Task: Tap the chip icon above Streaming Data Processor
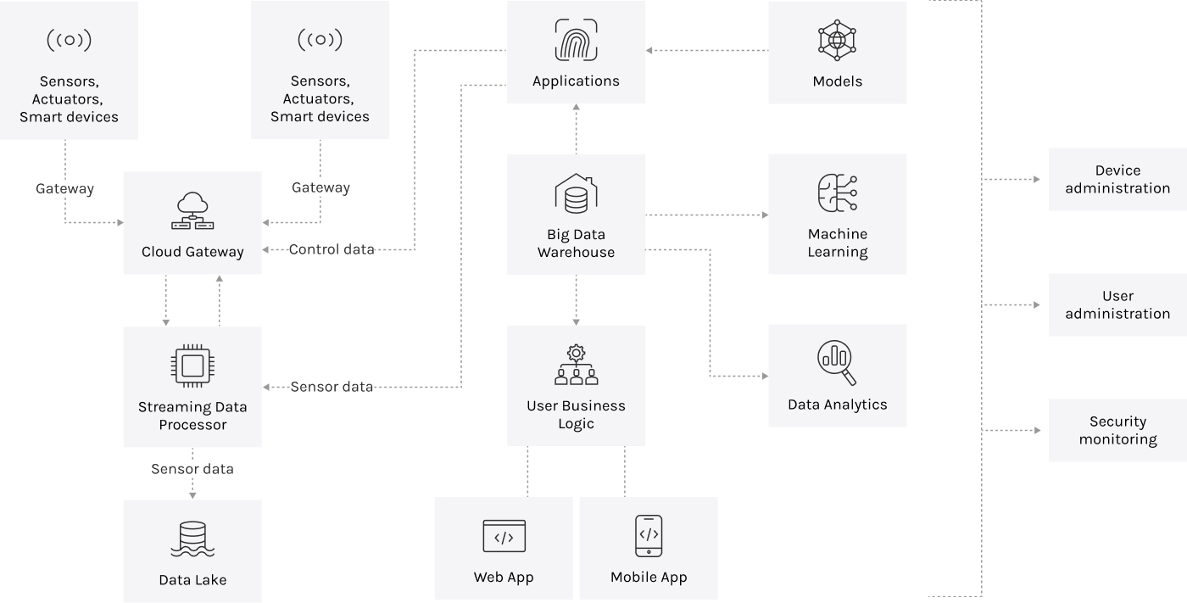point(192,366)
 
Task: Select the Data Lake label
point(192,580)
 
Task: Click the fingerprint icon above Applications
point(576,40)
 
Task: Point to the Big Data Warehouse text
point(576,243)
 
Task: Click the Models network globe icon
point(837,40)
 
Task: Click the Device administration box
point(1117,180)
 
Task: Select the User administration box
point(1117,305)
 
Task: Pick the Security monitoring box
point(1117,431)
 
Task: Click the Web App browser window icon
point(504,536)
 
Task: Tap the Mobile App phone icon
point(649,535)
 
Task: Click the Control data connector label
point(332,249)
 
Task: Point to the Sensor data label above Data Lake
point(192,469)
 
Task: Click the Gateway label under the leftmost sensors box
point(64,188)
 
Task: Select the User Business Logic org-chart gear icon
point(576,365)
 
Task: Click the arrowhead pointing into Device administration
point(1036,180)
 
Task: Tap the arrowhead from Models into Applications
point(649,51)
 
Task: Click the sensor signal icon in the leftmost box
point(69,40)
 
